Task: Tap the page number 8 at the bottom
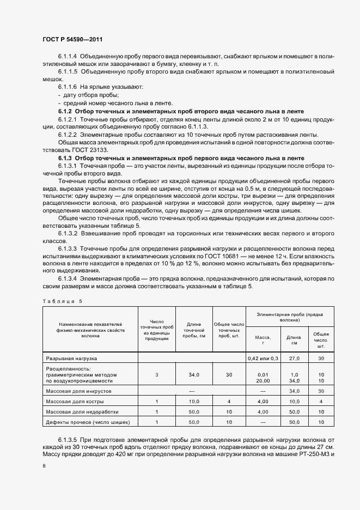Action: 44,465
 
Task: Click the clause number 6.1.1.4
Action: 68,56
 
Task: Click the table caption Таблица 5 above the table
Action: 61,301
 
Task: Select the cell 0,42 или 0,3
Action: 263,359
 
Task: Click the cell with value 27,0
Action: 294,359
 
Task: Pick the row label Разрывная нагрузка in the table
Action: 71,359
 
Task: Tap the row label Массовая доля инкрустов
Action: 79,391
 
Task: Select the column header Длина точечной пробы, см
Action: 194,330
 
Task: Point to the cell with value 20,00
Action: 263,381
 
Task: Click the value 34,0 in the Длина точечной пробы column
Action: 194,375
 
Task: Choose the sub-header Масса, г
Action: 263,340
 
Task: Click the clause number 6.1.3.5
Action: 68,440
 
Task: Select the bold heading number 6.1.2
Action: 65,111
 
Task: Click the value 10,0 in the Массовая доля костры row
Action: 194,402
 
